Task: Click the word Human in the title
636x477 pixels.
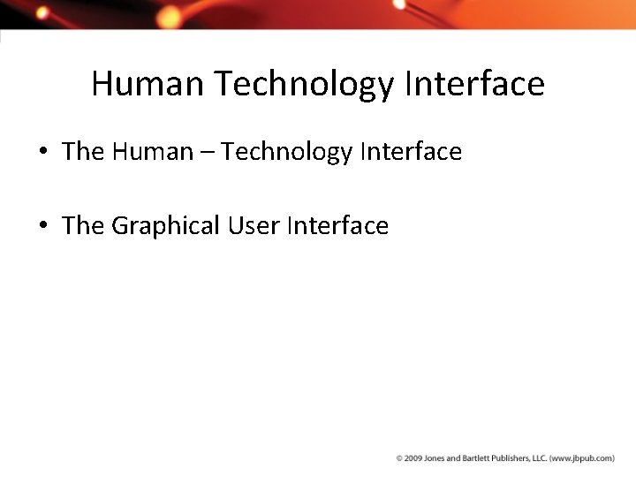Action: (148, 84)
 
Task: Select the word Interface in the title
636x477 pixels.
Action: (474, 84)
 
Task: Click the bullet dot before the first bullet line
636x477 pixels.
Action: (43, 153)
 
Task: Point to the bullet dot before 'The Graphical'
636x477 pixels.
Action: (43, 226)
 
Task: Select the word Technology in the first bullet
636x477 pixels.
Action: (286, 153)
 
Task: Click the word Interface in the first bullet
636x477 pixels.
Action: (411, 152)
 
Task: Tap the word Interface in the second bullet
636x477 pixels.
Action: (337, 226)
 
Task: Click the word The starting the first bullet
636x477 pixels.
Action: (83, 152)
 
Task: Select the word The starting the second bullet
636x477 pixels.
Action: (83, 226)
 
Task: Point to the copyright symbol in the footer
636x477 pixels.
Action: (399, 458)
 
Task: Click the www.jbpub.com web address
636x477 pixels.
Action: (582, 458)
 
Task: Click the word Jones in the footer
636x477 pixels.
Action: (433, 458)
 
